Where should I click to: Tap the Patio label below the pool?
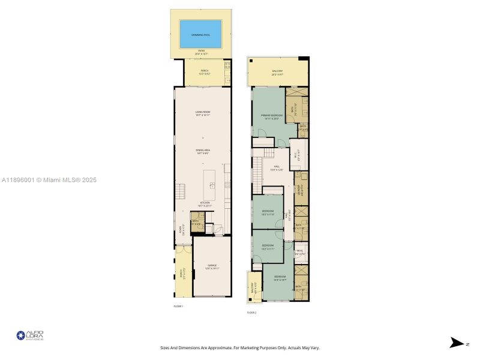(x=202, y=52)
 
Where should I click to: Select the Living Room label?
(x=202, y=113)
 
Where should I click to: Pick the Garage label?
(x=212, y=266)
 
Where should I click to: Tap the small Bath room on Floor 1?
(x=196, y=225)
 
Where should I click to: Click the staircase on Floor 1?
(x=179, y=193)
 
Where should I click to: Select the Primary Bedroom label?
(x=271, y=116)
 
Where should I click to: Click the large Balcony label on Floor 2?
(x=277, y=73)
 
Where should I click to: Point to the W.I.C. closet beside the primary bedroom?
(x=296, y=155)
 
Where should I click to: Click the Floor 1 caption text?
(x=178, y=307)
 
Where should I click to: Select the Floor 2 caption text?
(x=251, y=313)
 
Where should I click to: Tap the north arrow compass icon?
(x=458, y=343)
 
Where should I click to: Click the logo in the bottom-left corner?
(x=31, y=336)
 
